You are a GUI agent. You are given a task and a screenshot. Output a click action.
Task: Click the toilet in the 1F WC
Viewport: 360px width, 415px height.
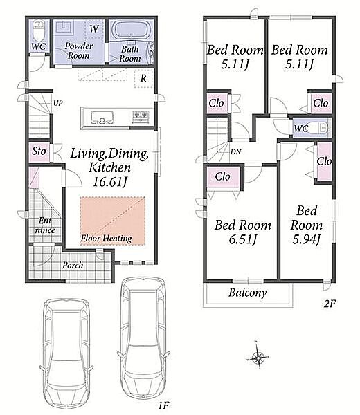click(39, 30)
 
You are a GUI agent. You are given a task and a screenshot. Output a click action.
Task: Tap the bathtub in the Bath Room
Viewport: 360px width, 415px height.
click(132, 30)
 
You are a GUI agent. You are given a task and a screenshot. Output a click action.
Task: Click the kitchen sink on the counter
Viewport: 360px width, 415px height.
click(102, 118)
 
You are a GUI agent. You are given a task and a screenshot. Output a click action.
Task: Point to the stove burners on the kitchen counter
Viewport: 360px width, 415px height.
click(140, 116)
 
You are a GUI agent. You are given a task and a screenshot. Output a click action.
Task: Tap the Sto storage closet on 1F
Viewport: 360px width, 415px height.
click(39, 152)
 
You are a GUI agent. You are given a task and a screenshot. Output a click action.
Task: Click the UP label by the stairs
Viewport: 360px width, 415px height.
click(58, 102)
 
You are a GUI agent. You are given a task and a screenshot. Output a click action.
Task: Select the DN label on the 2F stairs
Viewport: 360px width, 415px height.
click(235, 151)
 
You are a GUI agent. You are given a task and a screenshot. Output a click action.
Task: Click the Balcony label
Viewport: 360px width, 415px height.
click(247, 293)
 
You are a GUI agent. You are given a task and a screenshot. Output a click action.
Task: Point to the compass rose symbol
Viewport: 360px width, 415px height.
click(258, 358)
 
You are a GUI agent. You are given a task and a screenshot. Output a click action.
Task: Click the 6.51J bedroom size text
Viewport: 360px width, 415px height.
click(242, 239)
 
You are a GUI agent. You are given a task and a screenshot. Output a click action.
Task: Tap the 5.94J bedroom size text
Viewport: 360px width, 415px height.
click(307, 239)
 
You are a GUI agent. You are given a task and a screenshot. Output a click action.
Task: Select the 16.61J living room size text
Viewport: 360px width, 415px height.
click(110, 182)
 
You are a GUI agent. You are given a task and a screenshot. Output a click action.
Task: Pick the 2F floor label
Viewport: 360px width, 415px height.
click(330, 304)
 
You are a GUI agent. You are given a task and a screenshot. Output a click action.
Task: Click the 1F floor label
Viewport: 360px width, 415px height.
click(163, 405)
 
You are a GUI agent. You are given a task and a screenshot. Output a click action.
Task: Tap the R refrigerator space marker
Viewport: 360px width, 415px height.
click(143, 78)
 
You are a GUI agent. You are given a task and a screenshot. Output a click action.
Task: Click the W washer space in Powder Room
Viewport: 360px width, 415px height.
click(93, 28)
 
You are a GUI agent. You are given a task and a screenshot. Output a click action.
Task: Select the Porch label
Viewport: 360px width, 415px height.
click(73, 265)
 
